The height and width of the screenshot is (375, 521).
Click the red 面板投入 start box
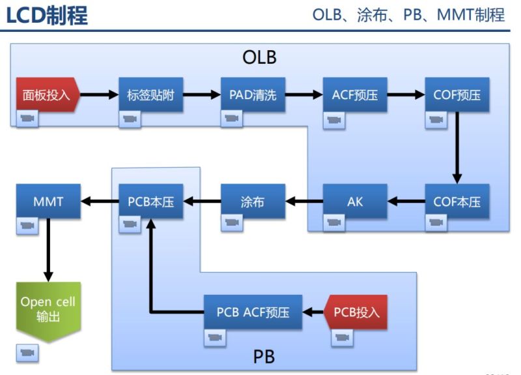(x=47, y=95)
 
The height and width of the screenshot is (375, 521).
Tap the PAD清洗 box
(x=253, y=95)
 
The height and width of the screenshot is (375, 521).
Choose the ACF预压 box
(x=355, y=95)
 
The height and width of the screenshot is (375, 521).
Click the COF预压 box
(x=457, y=95)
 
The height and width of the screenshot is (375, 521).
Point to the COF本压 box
(x=457, y=202)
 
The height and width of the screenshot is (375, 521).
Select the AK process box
(x=355, y=202)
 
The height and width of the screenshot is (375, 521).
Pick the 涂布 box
(x=253, y=202)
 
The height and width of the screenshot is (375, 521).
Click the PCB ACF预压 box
(x=253, y=312)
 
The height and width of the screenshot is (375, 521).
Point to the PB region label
(x=264, y=357)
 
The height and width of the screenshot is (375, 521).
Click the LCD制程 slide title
(x=47, y=16)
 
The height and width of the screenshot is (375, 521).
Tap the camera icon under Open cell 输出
(x=27, y=353)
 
